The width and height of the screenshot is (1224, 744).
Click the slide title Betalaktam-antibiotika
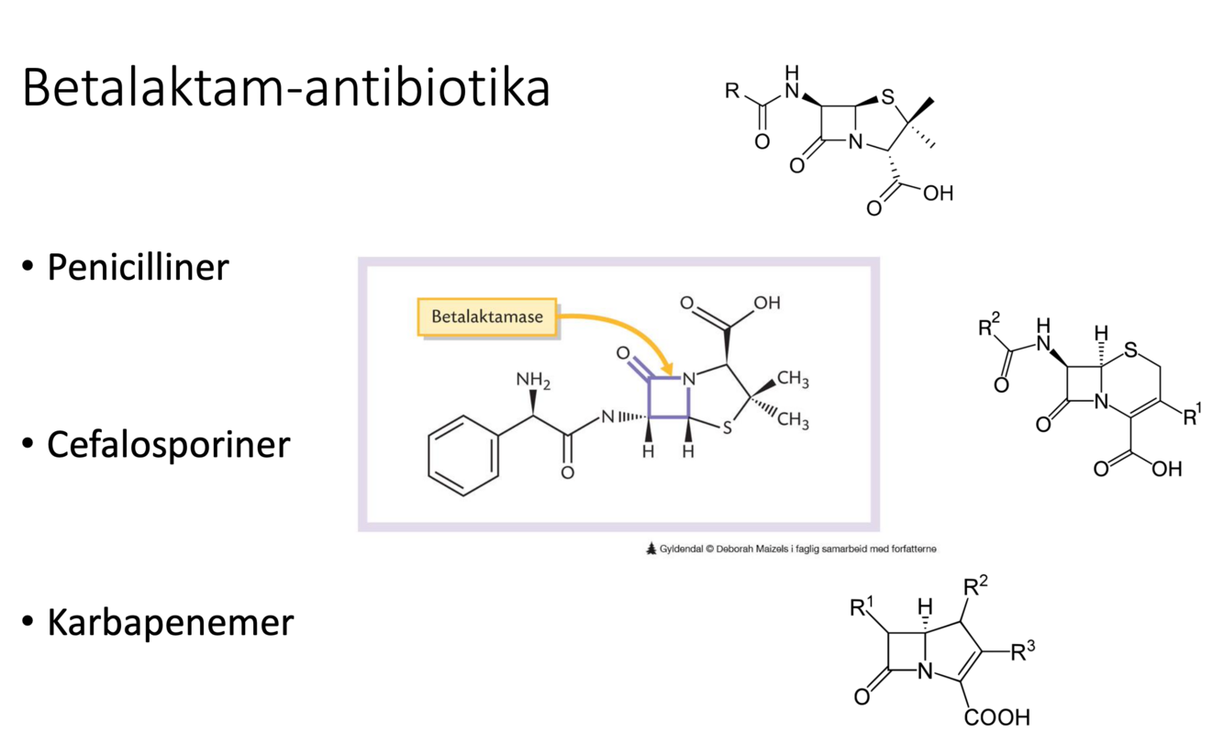285,88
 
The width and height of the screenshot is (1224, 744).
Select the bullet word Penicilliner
138,267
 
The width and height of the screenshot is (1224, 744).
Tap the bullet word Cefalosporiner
168,444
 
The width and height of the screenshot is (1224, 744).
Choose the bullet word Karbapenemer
170,622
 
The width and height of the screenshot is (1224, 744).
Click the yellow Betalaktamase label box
487,316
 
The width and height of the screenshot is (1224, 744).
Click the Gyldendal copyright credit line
791,549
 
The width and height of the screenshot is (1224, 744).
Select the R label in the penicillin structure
731,91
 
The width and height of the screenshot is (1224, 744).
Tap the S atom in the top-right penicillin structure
885,94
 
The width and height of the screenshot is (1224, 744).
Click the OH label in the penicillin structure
939,194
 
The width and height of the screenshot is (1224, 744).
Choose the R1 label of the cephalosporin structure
1192,416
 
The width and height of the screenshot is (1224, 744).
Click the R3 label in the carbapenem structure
1024,652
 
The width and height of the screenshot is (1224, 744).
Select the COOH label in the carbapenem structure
996,716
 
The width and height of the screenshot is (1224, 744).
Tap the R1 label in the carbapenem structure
862,606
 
